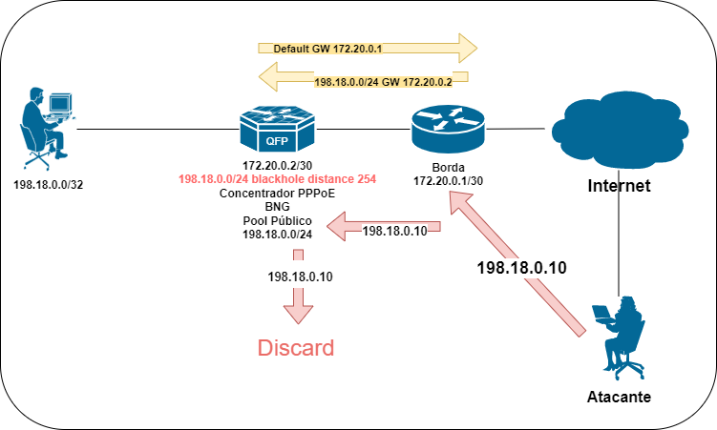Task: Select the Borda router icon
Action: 448,129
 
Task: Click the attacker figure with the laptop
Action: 619,338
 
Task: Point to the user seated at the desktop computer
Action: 48,129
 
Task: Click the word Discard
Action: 296,348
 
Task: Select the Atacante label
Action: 619,397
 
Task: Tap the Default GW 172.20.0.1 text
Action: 327,49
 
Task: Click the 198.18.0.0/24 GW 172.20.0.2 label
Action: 383,82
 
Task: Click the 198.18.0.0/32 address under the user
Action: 49,185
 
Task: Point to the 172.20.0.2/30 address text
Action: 277,165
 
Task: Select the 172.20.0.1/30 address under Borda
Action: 448,181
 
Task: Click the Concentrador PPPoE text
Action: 277,194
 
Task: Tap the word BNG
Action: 277,207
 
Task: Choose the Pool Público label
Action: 277,221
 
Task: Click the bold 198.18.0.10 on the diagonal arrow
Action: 521,268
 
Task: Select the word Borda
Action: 448,168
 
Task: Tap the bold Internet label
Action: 619,186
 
